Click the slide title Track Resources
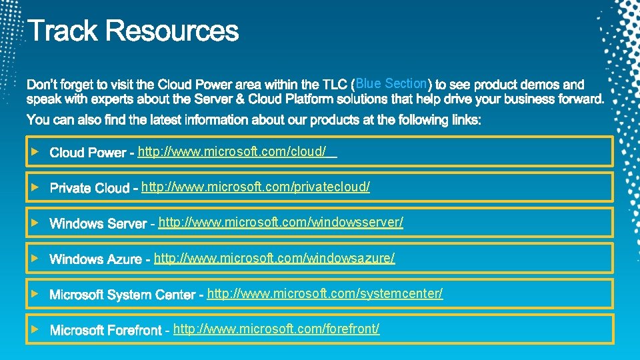pyautogui.click(x=133, y=31)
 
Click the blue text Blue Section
pyautogui.click(x=391, y=83)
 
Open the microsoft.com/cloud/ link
pyautogui.click(x=232, y=152)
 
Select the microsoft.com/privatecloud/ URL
pyautogui.click(x=255, y=187)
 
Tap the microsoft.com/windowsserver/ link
pyautogui.click(x=281, y=222)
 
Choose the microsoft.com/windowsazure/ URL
pyautogui.click(x=274, y=257)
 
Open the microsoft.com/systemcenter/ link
pyautogui.click(x=325, y=293)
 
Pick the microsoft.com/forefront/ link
pyautogui.click(x=276, y=329)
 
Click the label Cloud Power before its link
pyautogui.click(x=87, y=153)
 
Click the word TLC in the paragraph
pyautogui.click(x=335, y=85)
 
